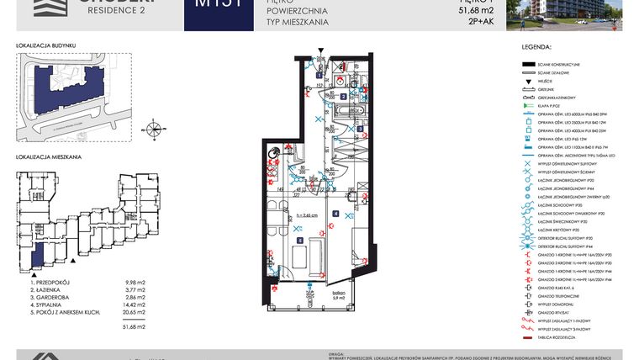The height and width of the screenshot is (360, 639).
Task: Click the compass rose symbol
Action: pyautogui.click(x=154, y=130)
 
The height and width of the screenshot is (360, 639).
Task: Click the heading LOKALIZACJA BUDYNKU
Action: pyautogui.click(x=46, y=44)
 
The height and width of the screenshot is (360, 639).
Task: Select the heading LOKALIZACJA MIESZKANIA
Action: pyautogui.click(x=49, y=157)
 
